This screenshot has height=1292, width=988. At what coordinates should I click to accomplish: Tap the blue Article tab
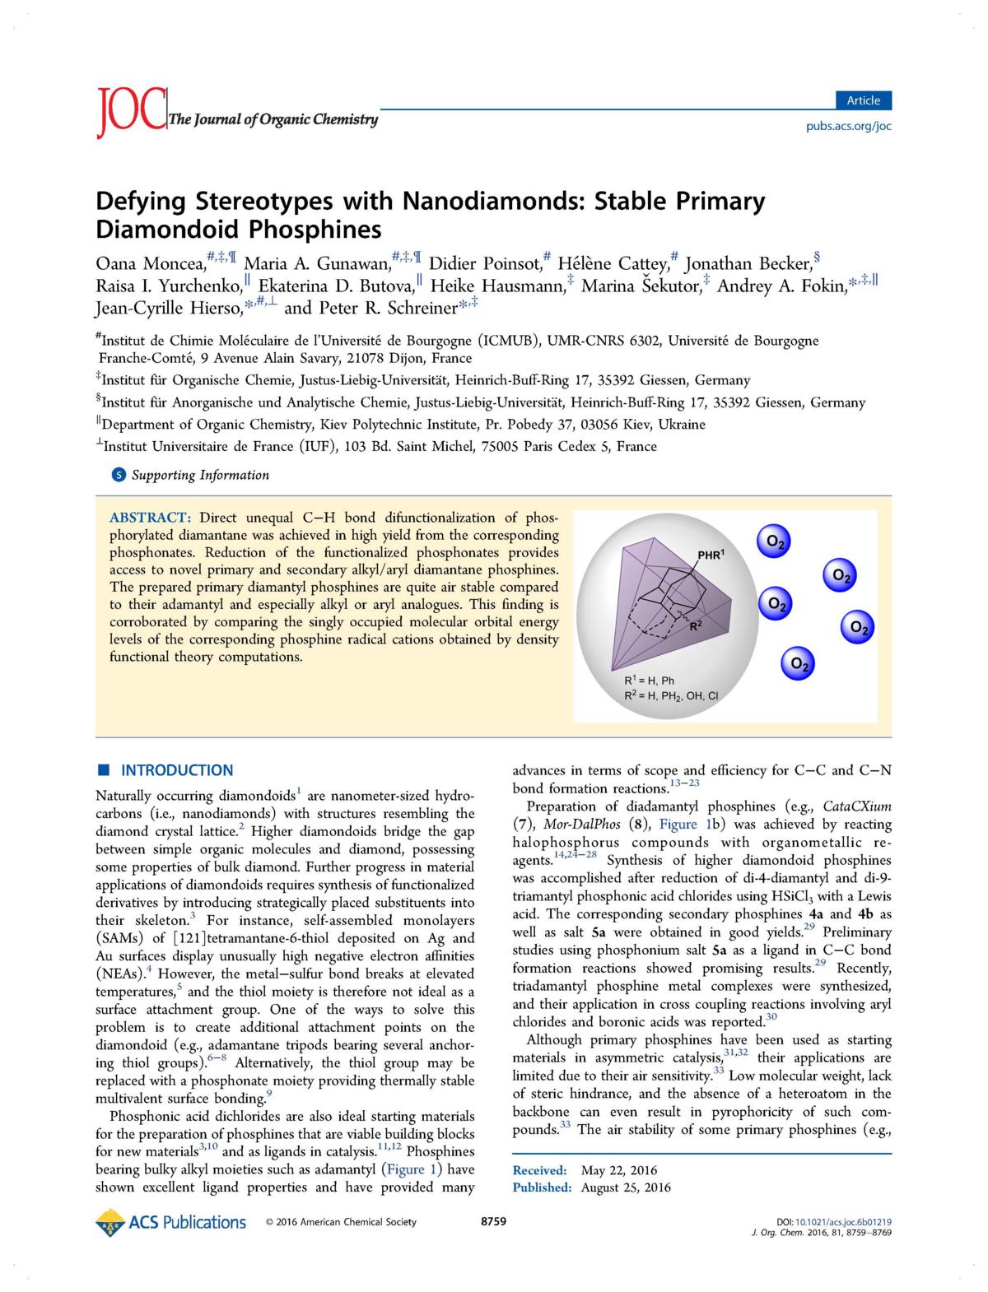[x=863, y=100]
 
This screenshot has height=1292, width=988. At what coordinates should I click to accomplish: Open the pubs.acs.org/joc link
[x=848, y=126]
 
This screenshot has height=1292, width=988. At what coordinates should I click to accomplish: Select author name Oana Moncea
[x=151, y=264]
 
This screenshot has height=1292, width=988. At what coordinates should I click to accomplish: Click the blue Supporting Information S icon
[x=119, y=475]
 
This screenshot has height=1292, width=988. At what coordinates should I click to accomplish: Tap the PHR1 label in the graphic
[x=711, y=555]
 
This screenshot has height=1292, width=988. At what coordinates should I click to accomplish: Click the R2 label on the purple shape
[x=695, y=626]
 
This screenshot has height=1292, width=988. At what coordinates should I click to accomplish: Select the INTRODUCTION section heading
[x=177, y=770]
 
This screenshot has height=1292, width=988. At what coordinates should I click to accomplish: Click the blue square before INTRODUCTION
[x=104, y=770]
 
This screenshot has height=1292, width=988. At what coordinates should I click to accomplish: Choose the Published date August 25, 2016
[x=626, y=1187]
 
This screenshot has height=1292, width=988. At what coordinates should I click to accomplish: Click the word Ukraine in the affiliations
[x=679, y=425]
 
